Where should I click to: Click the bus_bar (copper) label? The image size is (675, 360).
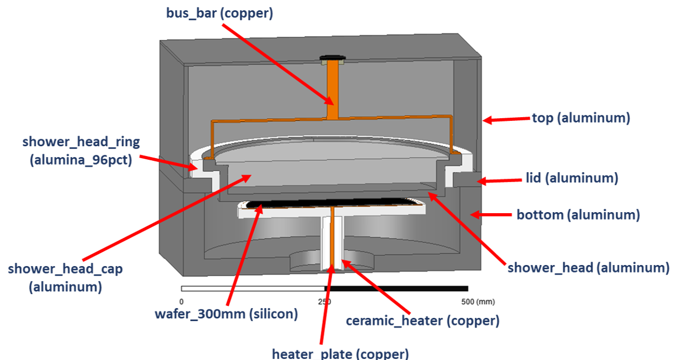tap(219, 12)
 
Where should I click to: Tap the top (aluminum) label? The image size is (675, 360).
tap(581, 118)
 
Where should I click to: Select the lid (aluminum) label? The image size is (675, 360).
tap(571, 178)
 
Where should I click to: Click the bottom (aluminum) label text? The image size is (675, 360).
tap(578, 215)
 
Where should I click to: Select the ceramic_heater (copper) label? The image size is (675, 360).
tap(422, 321)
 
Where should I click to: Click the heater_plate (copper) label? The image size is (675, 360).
tap(340, 354)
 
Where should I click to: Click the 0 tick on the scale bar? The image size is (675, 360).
tap(181, 301)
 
